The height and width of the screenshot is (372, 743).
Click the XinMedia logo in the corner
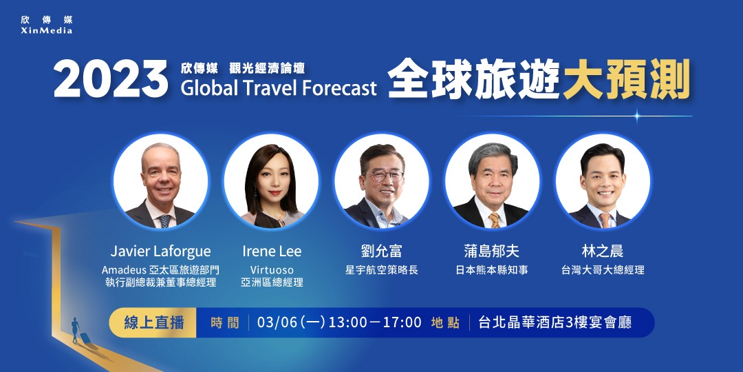click(47, 25)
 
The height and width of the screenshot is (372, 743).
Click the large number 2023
click(111, 80)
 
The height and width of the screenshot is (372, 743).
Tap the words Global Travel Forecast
click(279, 88)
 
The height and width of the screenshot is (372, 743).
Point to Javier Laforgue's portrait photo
click(160, 182)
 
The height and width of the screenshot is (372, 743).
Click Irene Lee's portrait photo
click(271, 182)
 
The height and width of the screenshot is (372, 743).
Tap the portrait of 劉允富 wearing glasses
click(381, 182)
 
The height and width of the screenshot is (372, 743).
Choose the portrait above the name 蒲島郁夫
click(492, 182)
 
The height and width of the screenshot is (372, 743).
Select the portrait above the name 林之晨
click(602, 182)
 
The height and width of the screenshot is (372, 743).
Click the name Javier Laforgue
click(160, 251)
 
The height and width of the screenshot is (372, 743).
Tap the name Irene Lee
click(272, 251)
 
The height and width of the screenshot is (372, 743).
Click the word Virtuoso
click(272, 269)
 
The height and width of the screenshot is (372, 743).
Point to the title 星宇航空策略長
click(381, 270)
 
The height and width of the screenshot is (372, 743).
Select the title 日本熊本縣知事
click(492, 270)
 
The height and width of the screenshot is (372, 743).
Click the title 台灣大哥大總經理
click(603, 270)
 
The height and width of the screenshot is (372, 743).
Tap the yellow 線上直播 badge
click(152, 322)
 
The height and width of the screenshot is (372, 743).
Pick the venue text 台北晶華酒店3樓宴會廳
click(554, 322)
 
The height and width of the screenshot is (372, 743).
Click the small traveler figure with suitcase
click(76, 331)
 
